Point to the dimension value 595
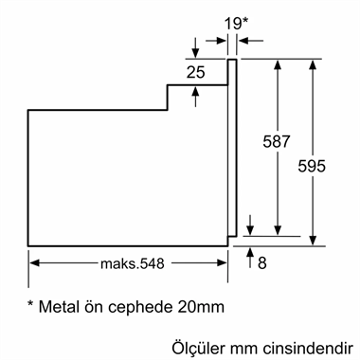pyautogui.click(x=312, y=166)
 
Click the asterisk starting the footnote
pyautogui.click(x=31, y=305)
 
